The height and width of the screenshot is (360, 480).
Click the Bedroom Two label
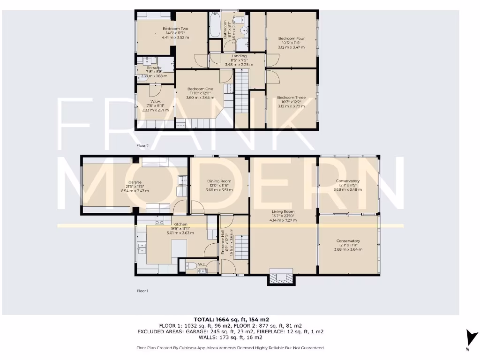[172, 29]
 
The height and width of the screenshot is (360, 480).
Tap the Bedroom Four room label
[291, 38]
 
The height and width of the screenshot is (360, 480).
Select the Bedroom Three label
[291, 97]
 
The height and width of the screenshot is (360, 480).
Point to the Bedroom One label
[200, 89]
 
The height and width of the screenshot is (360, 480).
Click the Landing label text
[239, 56]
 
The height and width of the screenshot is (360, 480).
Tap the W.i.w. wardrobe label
[155, 101]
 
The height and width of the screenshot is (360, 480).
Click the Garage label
[135, 182]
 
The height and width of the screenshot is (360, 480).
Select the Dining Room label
[219, 181]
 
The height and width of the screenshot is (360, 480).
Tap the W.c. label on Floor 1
[202, 264]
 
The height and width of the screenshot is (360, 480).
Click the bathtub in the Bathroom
[215, 25]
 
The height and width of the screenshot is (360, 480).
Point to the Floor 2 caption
[142, 146]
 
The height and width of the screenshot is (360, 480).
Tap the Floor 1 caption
[142, 291]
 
